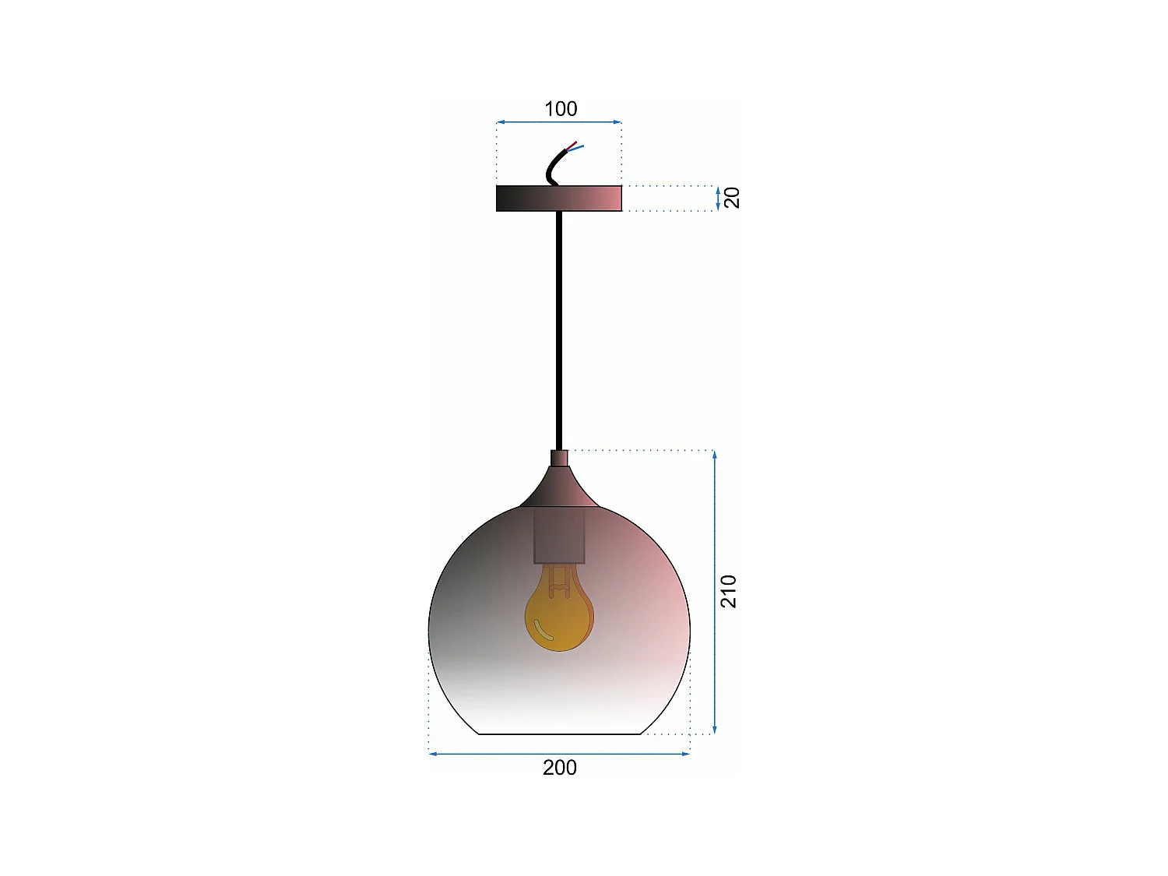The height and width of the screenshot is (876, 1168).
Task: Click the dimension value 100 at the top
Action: tap(561, 109)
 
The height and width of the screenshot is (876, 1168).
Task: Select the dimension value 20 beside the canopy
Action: tap(731, 198)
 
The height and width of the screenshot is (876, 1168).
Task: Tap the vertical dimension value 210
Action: tap(728, 591)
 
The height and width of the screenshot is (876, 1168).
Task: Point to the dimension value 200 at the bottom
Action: tap(560, 768)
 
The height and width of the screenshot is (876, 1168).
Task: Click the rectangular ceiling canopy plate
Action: tap(559, 199)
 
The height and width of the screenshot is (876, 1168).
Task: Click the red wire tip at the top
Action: tap(575, 143)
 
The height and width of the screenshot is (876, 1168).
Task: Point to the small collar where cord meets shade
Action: tap(559, 458)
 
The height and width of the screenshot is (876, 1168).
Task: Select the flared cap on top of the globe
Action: tap(559, 489)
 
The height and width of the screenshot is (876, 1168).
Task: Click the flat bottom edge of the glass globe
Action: tap(559, 734)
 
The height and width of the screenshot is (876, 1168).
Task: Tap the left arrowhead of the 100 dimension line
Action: tap(500, 122)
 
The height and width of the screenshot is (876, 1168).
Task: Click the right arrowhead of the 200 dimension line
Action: tap(687, 754)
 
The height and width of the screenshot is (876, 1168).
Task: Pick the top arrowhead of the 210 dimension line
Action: tap(715, 454)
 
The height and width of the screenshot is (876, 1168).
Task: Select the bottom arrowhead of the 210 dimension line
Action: tap(715, 730)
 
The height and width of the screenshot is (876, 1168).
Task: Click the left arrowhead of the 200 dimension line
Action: tap(432, 754)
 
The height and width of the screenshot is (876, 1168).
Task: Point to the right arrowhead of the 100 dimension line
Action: tap(618, 122)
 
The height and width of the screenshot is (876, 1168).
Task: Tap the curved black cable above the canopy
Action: tap(552, 165)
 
